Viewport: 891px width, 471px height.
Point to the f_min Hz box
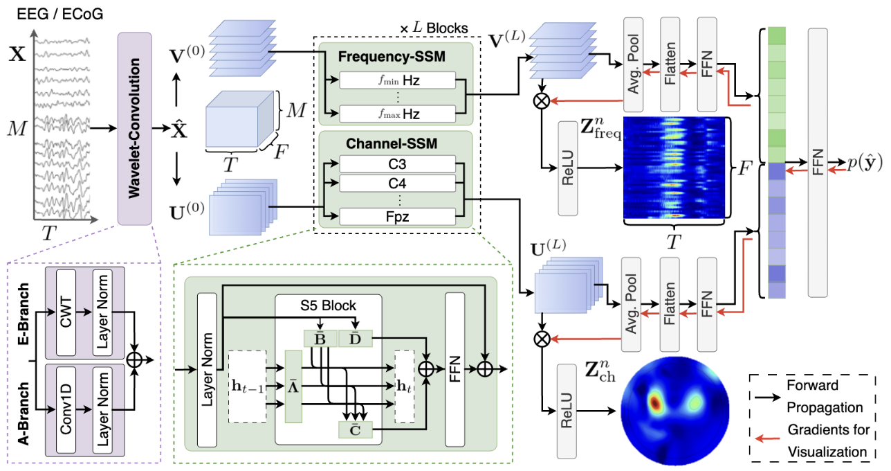(x=397, y=80)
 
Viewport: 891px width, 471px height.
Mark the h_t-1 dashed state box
(x=248, y=386)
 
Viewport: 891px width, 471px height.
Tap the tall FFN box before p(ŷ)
(x=818, y=163)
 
